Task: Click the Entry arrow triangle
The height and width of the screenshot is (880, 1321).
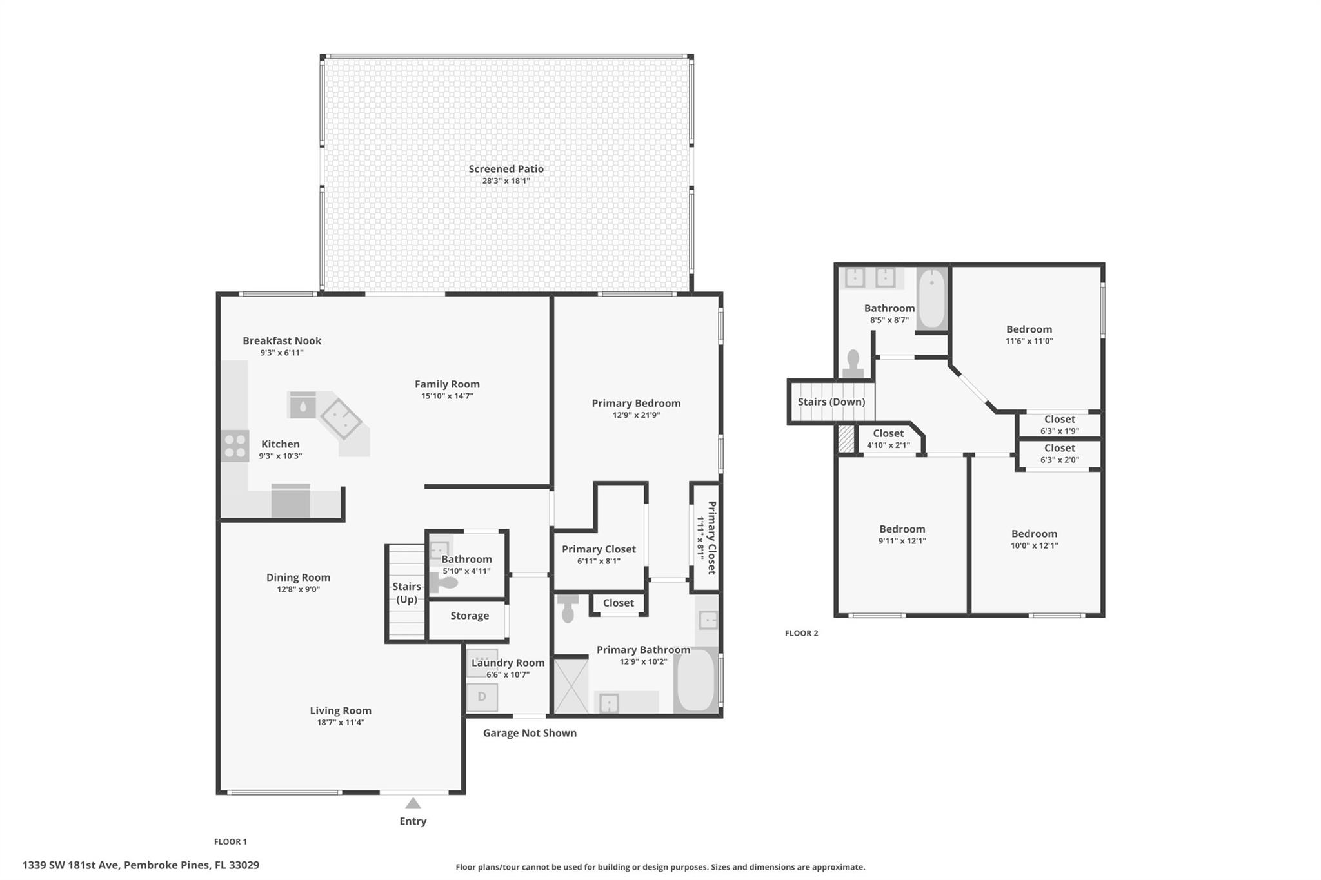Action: pos(413,803)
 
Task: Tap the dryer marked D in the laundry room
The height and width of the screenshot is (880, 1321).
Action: pos(482,697)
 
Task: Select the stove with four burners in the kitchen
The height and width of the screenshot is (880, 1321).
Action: pos(235,446)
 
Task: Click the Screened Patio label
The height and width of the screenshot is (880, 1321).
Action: pos(506,169)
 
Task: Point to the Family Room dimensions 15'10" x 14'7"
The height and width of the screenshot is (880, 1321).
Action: pos(447,396)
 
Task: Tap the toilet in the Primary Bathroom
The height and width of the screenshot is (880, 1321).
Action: pos(568,609)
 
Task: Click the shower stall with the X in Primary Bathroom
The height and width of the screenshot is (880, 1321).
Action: pos(571,686)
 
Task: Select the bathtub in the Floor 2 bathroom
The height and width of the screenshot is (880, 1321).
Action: pos(932,298)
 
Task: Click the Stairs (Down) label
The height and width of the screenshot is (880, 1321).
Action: pos(831,402)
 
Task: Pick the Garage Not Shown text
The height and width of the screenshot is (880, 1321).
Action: pos(530,733)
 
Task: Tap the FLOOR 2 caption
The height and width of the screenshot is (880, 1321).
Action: pos(801,633)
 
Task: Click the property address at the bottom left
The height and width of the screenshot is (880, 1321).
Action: pos(141,865)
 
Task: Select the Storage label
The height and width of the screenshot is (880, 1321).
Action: pos(470,616)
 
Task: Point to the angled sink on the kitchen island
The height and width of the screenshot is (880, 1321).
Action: pos(341,419)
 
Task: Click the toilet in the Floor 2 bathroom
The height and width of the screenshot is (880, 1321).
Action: pos(853,364)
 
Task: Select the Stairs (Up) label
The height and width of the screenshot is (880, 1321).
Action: pos(406,593)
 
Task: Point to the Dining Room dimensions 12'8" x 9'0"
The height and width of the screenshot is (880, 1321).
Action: pos(298,589)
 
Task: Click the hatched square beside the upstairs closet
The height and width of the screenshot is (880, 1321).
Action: pos(846,438)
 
